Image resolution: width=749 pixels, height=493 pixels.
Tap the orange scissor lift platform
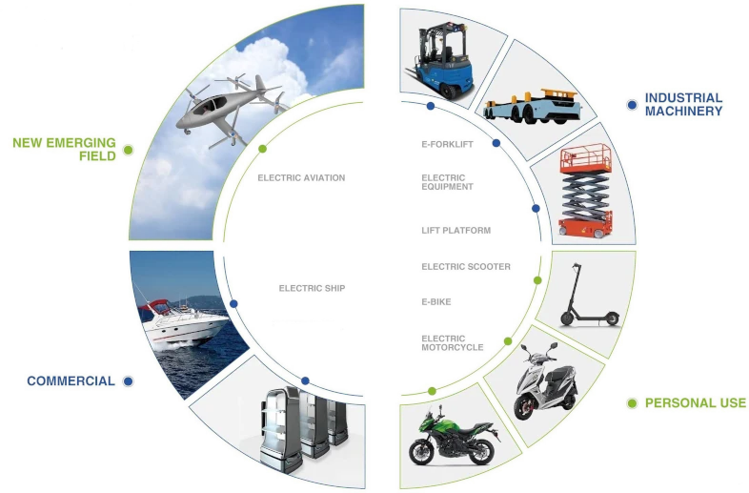coord(586,191)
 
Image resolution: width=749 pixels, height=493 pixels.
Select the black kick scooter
coord(588,296)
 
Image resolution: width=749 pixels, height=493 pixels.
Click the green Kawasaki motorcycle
coord(453,435)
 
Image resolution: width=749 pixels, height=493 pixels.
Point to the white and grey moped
coord(544,380)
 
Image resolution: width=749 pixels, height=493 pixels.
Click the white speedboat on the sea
coord(183,320)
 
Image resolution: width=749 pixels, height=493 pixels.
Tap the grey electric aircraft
coord(230,109)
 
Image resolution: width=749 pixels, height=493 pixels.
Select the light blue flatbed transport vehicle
coord(533,107)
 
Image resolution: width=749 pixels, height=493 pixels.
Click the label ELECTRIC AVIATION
coord(301,178)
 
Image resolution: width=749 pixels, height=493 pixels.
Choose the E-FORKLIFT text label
coord(447,144)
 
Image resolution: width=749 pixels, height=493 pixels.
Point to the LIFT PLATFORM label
coord(456,231)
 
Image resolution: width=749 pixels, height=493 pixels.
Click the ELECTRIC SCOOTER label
coord(466,267)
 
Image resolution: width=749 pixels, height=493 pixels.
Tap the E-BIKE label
coord(436,301)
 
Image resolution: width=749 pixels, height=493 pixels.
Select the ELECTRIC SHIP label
coord(312,288)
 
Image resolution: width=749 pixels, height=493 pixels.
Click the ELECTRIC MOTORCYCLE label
coord(453,343)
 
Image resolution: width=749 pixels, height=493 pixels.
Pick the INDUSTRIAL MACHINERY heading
coord(683,104)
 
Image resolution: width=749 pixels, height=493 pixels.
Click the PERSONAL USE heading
coord(695,403)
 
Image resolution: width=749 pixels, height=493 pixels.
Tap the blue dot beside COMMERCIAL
coord(128,381)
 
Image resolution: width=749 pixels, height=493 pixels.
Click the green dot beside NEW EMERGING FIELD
coord(128,150)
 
